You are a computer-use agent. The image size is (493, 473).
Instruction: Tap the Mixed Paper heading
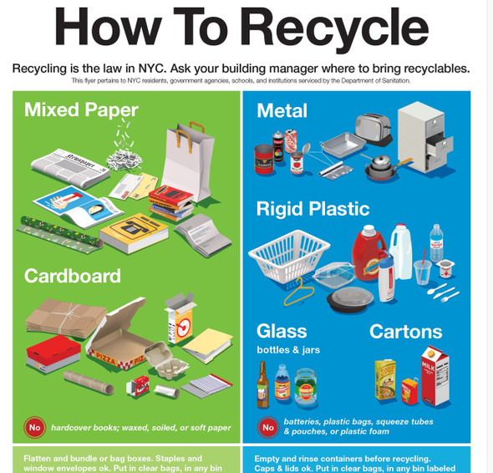(81, 109)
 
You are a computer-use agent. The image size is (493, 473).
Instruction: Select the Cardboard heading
(73, 276)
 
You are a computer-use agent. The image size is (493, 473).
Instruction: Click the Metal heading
(282, 110)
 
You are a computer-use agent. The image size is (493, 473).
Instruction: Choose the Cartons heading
(407, 331)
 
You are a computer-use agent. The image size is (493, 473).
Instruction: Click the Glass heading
(282, 331)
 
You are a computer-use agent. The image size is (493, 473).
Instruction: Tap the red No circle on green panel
(34, 427)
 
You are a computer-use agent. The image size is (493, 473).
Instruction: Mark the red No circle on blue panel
(267, 427)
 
